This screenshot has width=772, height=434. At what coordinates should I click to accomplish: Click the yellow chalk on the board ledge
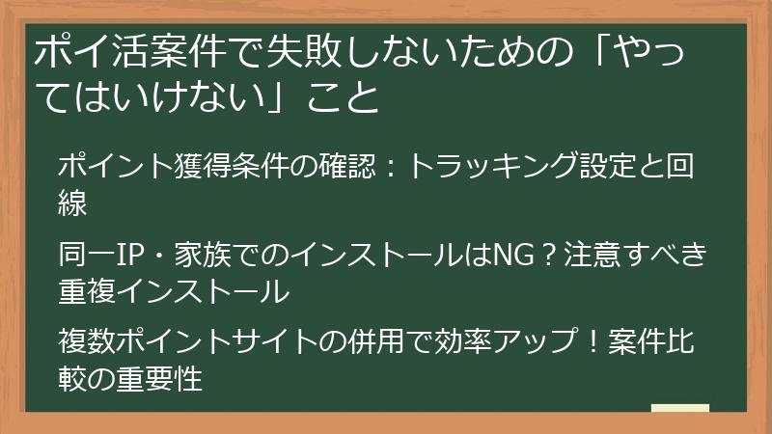click(680, 409)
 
